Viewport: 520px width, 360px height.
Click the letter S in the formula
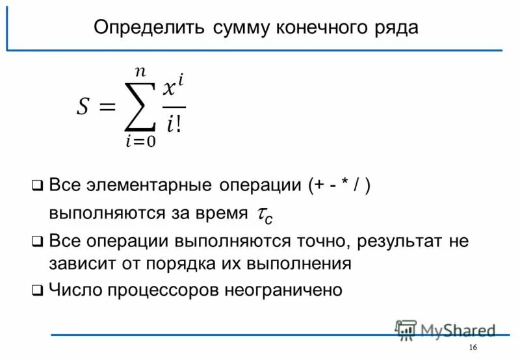(83, 106)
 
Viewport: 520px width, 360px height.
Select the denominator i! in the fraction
(174, 123)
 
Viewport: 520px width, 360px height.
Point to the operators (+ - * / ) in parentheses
(340, 185)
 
